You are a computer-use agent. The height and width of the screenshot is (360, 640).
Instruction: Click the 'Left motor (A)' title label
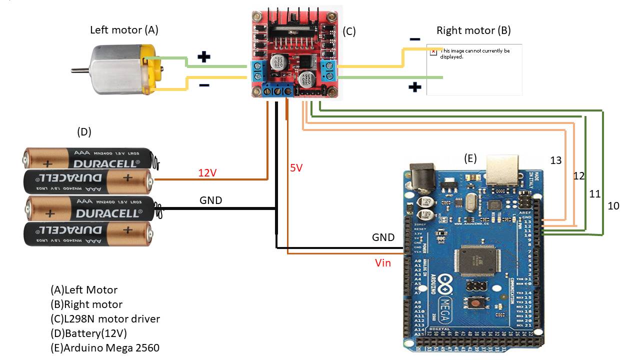(x=124, y=30)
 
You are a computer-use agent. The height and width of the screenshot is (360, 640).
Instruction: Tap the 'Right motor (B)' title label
(x=473, y=30)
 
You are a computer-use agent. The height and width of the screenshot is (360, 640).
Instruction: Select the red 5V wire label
(x=296, y=168)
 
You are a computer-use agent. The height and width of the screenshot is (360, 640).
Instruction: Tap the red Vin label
(x=383, y=262)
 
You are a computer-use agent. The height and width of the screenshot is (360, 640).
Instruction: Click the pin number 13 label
(x=556, y=160)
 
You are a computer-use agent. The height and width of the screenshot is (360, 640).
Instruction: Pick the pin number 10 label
(x=613, y=205)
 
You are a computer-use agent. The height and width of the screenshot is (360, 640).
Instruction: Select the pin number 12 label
(x=578, y=176)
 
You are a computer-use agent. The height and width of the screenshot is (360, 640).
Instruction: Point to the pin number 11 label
(x=594, y=194)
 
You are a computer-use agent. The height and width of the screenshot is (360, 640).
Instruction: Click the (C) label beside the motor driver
(x=349, y=31)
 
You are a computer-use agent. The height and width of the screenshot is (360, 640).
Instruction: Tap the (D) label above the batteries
(x=83, y=132)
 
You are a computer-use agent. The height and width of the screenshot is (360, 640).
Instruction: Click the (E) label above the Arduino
(x=470, y=158)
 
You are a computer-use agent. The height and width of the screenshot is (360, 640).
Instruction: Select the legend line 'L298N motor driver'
(x=105, y=318)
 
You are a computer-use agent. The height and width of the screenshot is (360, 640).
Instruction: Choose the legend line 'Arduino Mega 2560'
(x=105, y=347)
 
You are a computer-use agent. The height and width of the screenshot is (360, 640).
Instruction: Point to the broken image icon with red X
(x=433, y=51)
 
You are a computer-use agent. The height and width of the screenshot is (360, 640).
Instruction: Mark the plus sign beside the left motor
(x=203, y=57)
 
